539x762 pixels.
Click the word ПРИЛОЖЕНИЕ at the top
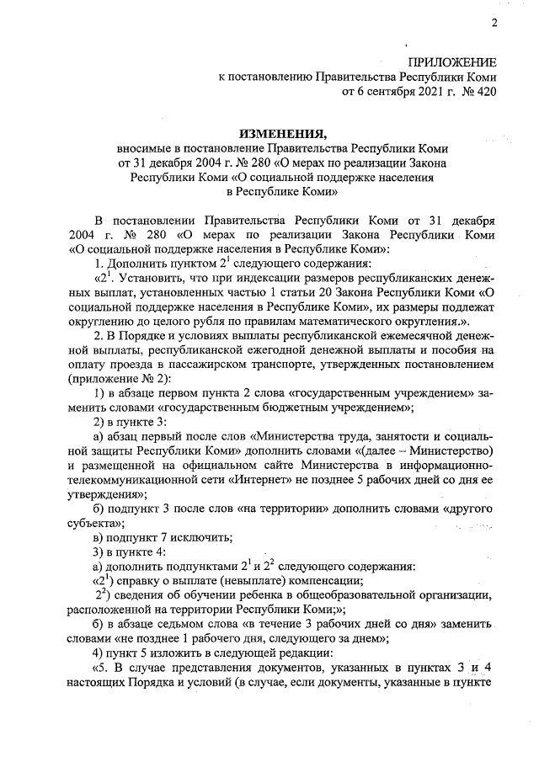tap(451, 63)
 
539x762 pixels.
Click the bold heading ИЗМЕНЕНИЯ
tap(282, 133)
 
